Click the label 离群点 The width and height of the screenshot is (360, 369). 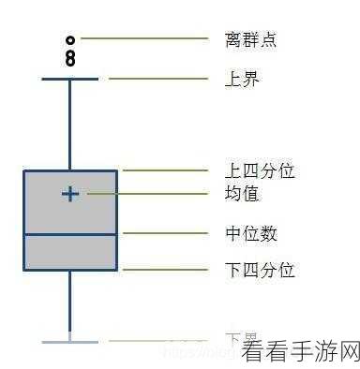250,39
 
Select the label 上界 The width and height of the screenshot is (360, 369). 242,79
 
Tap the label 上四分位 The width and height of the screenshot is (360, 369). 260,170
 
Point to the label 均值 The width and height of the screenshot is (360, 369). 242,194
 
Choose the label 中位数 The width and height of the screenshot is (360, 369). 250,233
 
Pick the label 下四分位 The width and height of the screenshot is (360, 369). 260,271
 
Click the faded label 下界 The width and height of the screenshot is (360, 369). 238,338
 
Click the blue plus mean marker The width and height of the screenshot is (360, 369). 70,194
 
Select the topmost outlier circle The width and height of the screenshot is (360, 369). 70,40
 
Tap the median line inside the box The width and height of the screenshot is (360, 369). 70,234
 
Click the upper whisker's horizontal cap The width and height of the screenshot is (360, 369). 70,79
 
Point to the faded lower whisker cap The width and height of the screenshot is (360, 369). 70,341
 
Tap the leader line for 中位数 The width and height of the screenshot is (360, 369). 164,233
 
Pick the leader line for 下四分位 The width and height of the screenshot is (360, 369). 164,271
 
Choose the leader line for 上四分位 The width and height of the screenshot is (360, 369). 164,170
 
